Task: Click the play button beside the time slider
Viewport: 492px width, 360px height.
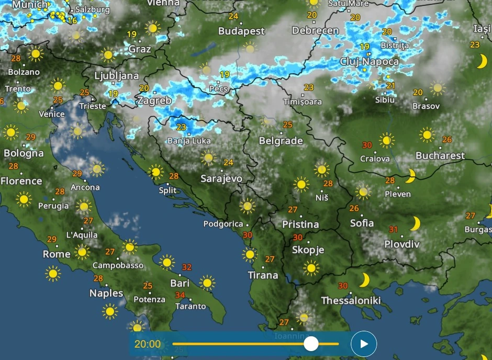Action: point(364,344)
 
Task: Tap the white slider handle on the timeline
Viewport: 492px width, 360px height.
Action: point(311,344)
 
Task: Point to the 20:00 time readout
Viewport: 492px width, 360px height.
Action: point(148,344)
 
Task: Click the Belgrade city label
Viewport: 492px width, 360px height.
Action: point(281,141)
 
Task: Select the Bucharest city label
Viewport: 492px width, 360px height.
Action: point(440,155)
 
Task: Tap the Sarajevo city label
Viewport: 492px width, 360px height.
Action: point(221,178)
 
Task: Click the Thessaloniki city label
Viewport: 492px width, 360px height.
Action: point(351,300)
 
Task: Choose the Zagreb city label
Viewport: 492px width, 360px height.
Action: point(154,100)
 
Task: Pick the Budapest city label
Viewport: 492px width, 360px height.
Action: point(241,31)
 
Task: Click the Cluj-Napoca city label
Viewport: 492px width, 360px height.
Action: point(370,61)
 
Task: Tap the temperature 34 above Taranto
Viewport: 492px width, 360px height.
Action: point(180,295)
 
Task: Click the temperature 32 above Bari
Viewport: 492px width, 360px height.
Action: point(186,267)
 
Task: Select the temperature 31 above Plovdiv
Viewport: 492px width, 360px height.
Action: point(394,229)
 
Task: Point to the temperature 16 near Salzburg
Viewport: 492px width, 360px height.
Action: point(72,20)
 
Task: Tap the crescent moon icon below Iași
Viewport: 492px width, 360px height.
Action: point(482,62)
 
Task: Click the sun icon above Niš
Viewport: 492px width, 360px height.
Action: point(321,169)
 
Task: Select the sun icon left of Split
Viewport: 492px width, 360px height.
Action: point(155,172)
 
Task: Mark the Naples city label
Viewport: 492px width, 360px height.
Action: point(106,293)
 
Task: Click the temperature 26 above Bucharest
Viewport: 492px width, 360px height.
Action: point(446,139)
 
